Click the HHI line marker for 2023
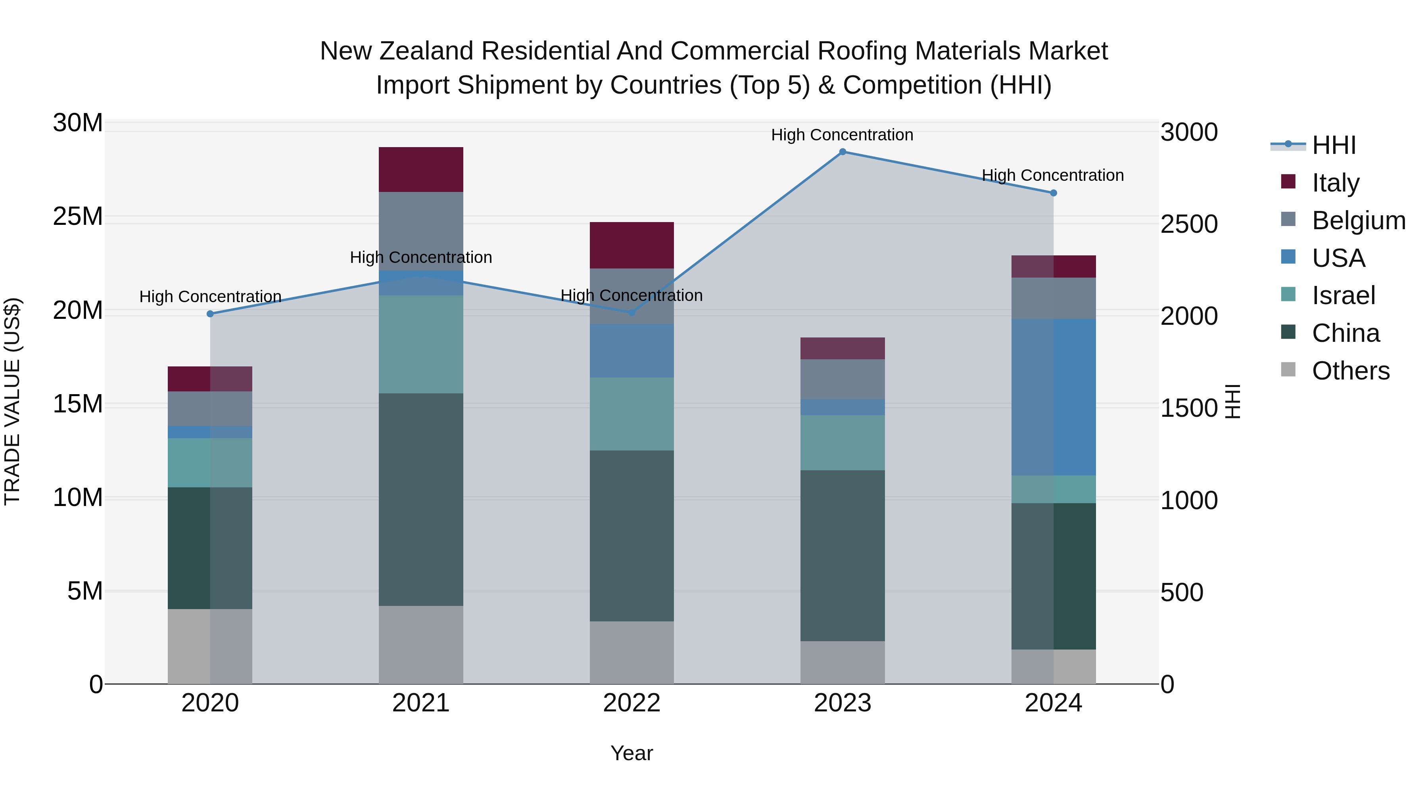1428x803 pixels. [843, 152]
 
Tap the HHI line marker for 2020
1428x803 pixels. [210, 314]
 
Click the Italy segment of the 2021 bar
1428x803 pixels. [421, 170]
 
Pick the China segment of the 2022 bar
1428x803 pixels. [631, 535]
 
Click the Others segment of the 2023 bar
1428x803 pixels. [843, 662]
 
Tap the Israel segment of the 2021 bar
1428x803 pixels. [421, 344]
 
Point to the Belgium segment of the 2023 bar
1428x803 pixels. [843, 379]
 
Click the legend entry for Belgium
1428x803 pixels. [1358, 220]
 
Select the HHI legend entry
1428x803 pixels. [1333, 145]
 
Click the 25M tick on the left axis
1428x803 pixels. [78, 216]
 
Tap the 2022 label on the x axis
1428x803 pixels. [631, 703]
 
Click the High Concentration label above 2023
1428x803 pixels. [842, 135]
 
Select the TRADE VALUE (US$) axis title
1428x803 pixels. [12, 401]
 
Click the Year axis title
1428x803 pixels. [631, 753]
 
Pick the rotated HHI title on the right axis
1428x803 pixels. [1233, 401]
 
